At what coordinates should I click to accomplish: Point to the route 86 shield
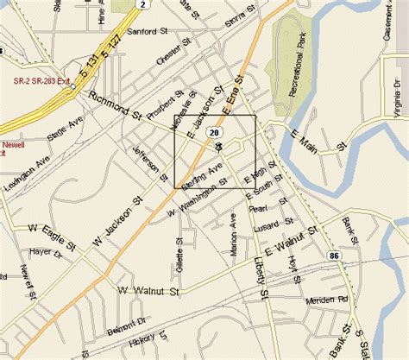(x=332, y=256)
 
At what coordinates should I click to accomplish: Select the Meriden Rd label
(x=329, y=300)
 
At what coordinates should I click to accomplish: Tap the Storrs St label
(x=238, y=19)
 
